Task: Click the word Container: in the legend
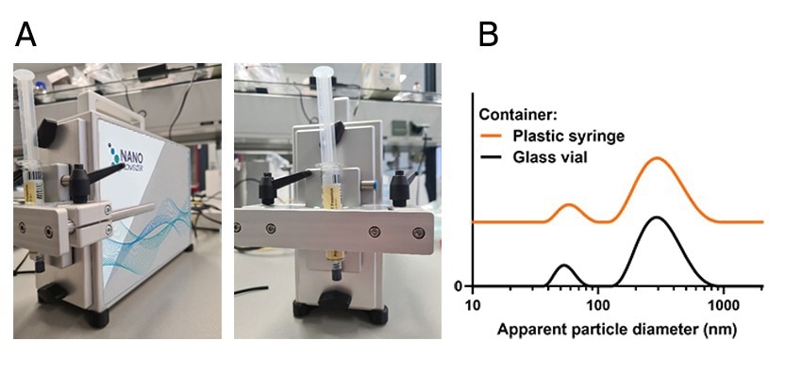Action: coord(519,115)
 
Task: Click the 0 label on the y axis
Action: coord(459,286)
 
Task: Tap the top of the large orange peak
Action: coord(658,158)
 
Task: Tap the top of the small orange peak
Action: coord(568,204)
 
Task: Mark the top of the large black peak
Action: coord(657,218)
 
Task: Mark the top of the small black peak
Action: coord(563,266)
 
